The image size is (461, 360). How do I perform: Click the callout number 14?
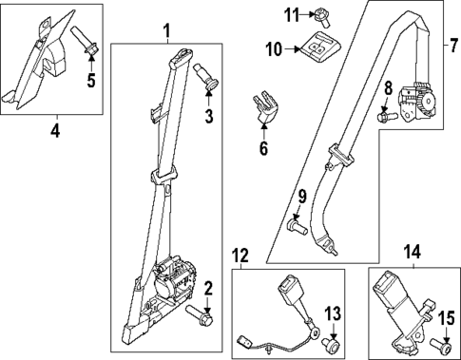[x=411, y=252]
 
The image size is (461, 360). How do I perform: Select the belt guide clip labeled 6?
[x=262, y=108]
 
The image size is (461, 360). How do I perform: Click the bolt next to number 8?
[x=384, y=118]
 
